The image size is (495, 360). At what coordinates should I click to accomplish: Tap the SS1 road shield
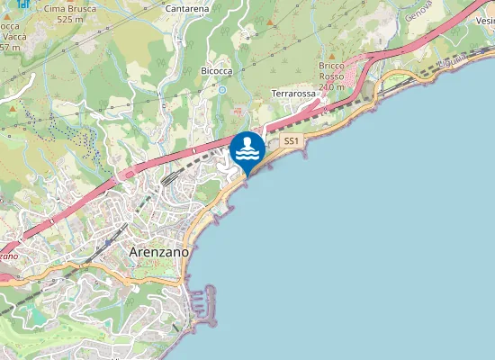click(291, 141)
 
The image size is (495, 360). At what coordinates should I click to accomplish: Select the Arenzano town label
click(159, 252)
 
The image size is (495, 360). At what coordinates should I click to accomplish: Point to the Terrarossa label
click(292, 93)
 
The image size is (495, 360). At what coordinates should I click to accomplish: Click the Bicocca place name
click(216, 70)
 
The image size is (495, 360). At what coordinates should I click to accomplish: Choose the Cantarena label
click(187, 8)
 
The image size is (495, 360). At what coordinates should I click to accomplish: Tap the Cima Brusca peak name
click(71, 7)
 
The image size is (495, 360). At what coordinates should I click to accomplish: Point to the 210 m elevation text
click(331, 87)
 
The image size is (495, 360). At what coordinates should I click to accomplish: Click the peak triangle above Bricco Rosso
click(331, 56)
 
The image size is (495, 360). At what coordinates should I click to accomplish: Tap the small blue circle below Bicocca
click(221, 89)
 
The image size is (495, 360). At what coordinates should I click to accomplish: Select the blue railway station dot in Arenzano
click(109, 242)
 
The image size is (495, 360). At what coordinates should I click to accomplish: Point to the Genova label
click(418, 11)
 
